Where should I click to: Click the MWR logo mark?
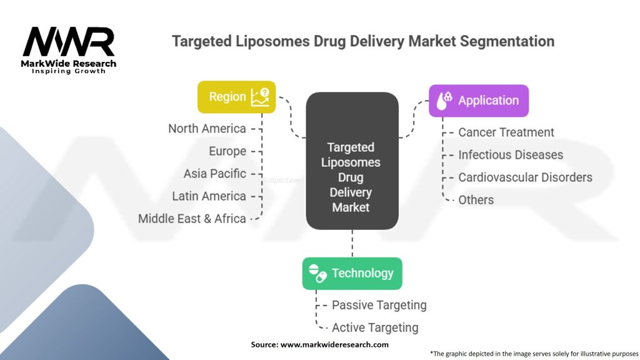click(69, 42)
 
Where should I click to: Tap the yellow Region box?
click(236, 97)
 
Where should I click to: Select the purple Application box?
click(478, 101)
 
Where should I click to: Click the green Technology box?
click(352, 273)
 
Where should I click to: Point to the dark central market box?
click(351, 161)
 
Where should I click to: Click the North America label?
click(207, 129)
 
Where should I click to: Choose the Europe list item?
click(227, 151)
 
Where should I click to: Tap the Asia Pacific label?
click(215, 174)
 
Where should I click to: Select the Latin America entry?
click(209, 196)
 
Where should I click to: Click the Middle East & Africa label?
click(192, 219)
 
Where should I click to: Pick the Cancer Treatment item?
click(506, 132)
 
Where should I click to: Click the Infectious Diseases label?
click(511, 155)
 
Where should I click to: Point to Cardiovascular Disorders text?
click(525, 177)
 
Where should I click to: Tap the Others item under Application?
click(476, 200)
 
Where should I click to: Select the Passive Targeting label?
click(379, 305)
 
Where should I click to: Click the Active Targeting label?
click(375, 327)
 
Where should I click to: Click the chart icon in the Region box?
click(260, 96)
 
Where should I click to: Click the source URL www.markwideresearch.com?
click(334, 344)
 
